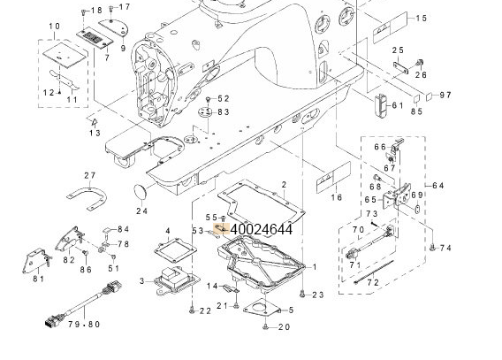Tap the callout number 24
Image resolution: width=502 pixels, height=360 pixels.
click(x=141, y=211)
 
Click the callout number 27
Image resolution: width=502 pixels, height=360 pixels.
click(x=90, y=175)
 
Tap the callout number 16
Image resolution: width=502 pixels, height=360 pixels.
click(x=337, y=199)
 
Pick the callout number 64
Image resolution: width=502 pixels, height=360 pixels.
click(x=440, y=186)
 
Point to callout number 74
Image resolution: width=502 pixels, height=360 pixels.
click(x=445, y=249)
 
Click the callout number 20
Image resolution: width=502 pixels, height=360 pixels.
click(x=284, y=327)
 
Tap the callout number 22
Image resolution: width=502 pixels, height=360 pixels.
click(x=204, y=310)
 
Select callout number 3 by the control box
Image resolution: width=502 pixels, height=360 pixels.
click(x=141, y=281)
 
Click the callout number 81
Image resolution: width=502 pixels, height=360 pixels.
click(x=39, y=280)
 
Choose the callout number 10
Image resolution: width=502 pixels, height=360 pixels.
click(x=55, y=27)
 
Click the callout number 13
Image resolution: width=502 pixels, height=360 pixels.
click(x=95, y=132)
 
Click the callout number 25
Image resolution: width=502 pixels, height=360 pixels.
click(x=398, y=50)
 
